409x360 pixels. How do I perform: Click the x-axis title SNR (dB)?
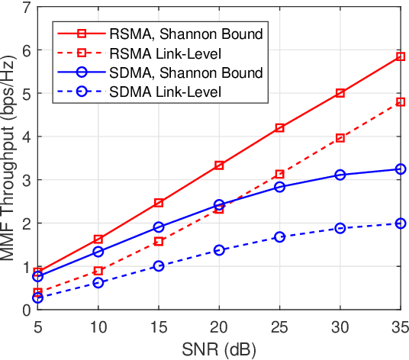click(219, 349)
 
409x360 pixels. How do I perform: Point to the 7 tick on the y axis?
click(27, 8)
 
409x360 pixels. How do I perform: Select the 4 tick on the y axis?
click(27, 137)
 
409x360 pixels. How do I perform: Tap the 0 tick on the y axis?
click(27, 310)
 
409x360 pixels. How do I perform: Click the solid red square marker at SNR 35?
click(400, 56)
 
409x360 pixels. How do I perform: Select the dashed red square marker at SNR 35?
click(400, 101)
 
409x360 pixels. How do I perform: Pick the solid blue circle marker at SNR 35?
click(400, 169)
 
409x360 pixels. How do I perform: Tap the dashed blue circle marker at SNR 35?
click(400, 223)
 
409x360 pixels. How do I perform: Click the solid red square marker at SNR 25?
click(279, 128)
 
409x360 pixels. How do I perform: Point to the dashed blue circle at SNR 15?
click(159, 265)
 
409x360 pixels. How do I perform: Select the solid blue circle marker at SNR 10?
click(98, 252)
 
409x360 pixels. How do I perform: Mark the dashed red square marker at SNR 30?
click(340, 138)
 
